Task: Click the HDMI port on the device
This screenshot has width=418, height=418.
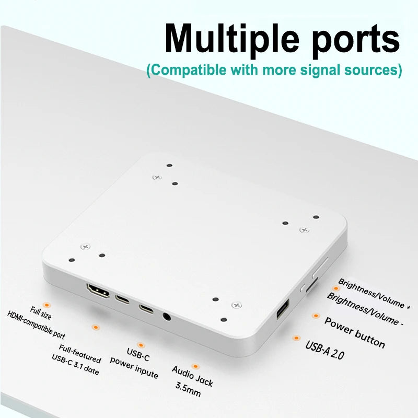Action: coord(98,291)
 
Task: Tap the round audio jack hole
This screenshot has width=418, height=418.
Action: coord(167,317)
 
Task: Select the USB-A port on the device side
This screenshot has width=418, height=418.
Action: coord(283,309)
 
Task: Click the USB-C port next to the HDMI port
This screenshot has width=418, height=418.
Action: coord(122,299)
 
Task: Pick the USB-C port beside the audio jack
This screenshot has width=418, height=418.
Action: coord(146,309)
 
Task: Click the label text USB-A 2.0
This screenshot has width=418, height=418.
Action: coord(325,350)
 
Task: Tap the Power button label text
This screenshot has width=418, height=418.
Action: coord(355,333)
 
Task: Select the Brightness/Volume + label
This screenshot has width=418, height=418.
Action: coord(374,294)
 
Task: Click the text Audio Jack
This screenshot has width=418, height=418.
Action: coord(192,376)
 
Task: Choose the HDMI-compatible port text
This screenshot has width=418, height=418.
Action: coord(36,325)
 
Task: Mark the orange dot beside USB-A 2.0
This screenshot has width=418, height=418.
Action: coord(296,338)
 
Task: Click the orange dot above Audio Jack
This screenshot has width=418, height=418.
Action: coord(195,366)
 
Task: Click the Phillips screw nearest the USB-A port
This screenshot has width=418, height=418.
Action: coord(237,305)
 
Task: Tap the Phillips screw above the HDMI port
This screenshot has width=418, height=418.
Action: coord(85,247)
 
